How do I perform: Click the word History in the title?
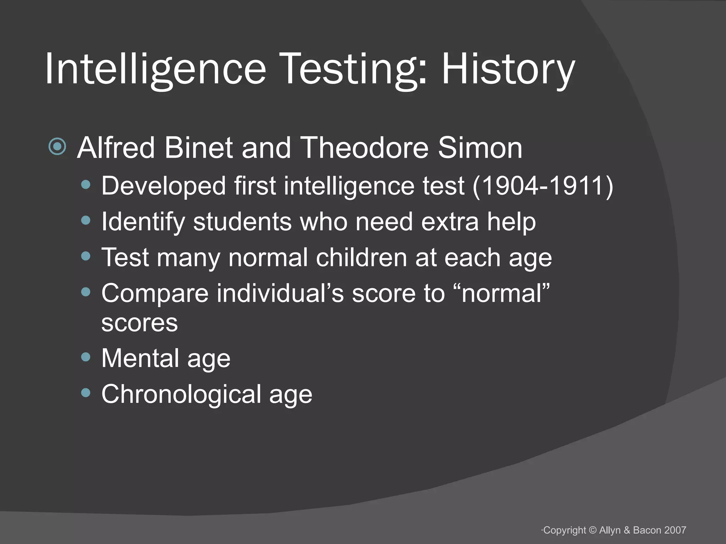[508, 69]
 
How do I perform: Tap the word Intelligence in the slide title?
[155, 69]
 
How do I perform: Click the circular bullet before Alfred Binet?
[57, 147]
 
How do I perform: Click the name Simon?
[480, 148]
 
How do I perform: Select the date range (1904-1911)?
[543, 186]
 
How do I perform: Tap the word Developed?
[163, 186]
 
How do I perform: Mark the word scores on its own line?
[139, 323]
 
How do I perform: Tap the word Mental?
[140, 358]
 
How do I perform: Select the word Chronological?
[181, 395]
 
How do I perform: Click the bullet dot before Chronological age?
[85, 393]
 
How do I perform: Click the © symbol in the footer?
[593, 530]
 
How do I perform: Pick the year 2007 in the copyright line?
[675, 530]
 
